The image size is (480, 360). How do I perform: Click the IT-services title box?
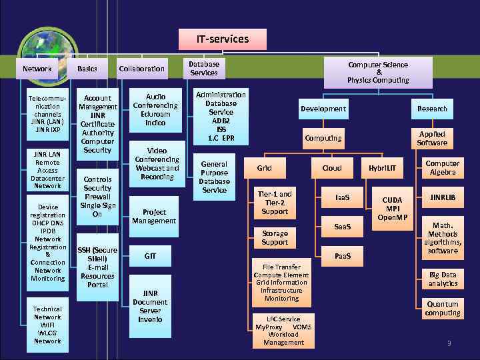point(222,39)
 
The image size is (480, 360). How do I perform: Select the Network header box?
point(37,69)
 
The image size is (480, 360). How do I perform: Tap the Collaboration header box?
point(141,69)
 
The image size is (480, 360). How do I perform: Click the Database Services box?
point(204,69)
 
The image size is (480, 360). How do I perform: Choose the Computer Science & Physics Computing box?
point(378,73)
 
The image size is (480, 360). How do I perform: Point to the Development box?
point(323,109)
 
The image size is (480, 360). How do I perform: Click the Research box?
point(432,109)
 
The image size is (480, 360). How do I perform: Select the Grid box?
point(264,168)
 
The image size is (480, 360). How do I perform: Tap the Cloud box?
point(332,168)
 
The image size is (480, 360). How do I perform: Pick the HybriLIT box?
point(382,168)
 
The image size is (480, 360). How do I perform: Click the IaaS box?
point(342,198)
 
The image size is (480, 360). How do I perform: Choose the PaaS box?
point(342,256)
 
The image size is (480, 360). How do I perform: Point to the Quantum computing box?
point(443,309)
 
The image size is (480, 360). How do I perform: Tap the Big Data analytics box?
point(443,279)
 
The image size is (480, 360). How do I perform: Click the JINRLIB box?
point(443,198)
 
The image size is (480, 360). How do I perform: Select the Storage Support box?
point(275,238)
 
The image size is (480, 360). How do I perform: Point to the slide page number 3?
point(449,343)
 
